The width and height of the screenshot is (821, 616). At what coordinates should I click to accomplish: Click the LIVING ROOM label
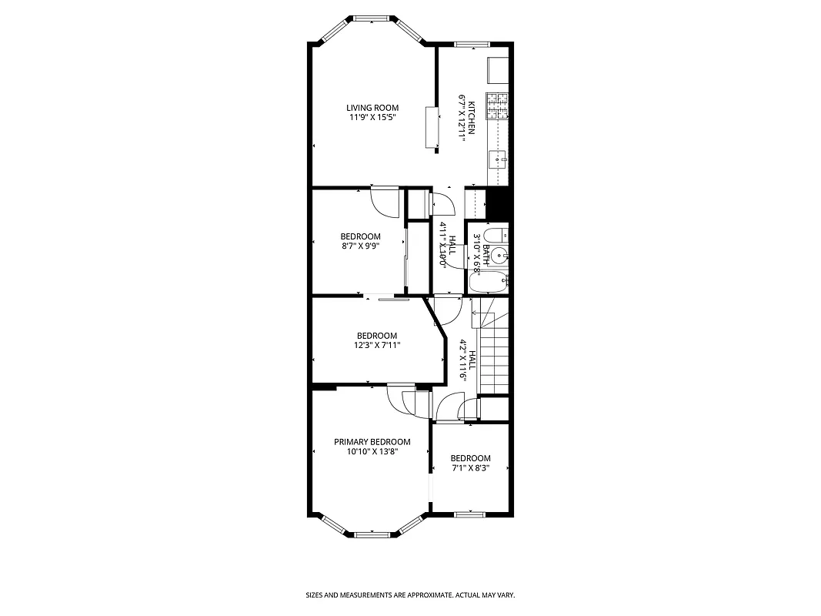click(x=372, y=108)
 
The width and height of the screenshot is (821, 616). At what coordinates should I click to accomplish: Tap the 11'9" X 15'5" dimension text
click(x=372, y=118)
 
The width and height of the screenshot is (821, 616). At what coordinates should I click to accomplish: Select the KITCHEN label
click(x=472, y=116)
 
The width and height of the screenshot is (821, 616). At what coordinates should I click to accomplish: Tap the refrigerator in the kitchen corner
click(x=499, y=70)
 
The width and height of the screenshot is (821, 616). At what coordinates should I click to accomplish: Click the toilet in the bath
click(x=499, y=235)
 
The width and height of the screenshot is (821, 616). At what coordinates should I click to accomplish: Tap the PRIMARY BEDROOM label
click(x=372, y=442)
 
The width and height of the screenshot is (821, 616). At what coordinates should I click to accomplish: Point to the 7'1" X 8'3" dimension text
click(x=470, y=467)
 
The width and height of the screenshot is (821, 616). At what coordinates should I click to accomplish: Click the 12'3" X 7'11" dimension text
click(x=377, y=345)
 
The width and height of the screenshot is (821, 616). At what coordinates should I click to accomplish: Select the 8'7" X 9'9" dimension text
click(x=361, y=246)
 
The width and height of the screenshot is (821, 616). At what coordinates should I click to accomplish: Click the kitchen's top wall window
click(x=466, y=45)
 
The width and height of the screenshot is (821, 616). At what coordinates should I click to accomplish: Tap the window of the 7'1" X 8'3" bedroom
click(x=468, y=514)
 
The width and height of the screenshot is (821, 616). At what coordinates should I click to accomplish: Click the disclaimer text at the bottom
click(x=410, y=595)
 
